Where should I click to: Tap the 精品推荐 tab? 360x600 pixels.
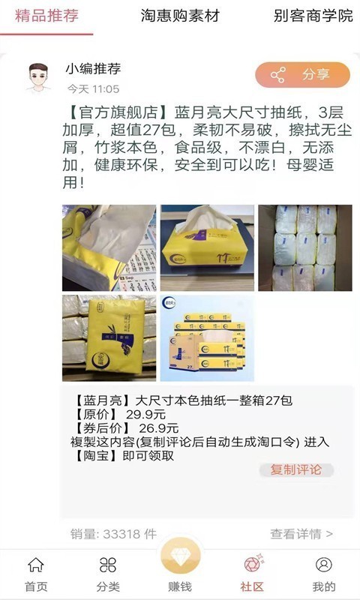[x=46, y=16]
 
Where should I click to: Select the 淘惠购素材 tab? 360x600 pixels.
[x=180, y=16]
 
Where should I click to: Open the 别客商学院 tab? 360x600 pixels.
[x=313, y=16]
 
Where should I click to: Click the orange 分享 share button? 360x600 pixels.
[x=302, y=74]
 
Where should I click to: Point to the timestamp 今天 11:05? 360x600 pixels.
[x=93, y=89]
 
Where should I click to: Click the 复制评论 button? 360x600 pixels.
[x=296, y=470]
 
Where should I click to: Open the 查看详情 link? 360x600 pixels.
[x=301, y=534]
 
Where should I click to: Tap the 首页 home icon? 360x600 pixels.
[x=36, y=565]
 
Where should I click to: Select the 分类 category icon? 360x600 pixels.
[x=107, y=565]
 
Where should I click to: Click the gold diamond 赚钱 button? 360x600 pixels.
[x=180, y=558]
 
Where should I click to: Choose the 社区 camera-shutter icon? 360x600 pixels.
[x=253, y=564]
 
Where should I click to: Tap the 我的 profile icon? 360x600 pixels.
[x=324, y=565]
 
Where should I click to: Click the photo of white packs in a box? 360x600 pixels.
[x=305, y=248]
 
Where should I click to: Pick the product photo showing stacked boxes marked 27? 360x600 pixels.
[x=207, y=338]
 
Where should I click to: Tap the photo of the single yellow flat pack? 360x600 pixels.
[x=109, y=338]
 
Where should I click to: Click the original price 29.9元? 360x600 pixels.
[x=145, y=415]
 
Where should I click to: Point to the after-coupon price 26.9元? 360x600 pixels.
[x=159, y=428]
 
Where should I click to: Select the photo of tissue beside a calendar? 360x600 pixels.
[x=109, y=248]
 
